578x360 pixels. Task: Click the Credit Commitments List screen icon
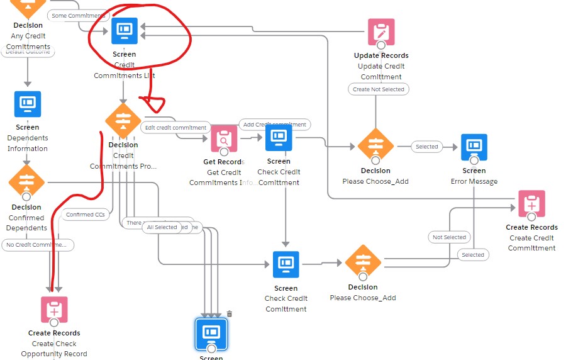coord(125,30)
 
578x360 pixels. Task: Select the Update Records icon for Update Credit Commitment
coord(381,31)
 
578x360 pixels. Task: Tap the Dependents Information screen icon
coord(28,103)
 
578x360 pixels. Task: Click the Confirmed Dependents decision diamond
coord(26,183)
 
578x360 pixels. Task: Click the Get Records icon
coord(223,138)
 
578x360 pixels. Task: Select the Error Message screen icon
coord(474,147)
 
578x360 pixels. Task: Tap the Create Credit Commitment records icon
coord(531,203)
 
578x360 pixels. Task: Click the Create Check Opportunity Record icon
coord(54,310)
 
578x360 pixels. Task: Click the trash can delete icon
coord(230,313)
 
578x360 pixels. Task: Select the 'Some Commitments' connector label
coord(77,15)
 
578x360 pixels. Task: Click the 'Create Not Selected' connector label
coord(379,89)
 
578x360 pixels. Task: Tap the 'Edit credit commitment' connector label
coord(175,128)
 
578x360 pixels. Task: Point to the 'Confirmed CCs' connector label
coord(86,215)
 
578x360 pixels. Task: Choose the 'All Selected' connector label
coord(162,227)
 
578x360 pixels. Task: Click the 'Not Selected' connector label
coord(450,237)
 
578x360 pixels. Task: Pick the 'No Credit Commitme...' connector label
coord(38,245)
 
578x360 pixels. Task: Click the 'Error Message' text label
coord(474,181)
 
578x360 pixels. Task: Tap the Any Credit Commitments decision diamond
coord(27,6)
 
